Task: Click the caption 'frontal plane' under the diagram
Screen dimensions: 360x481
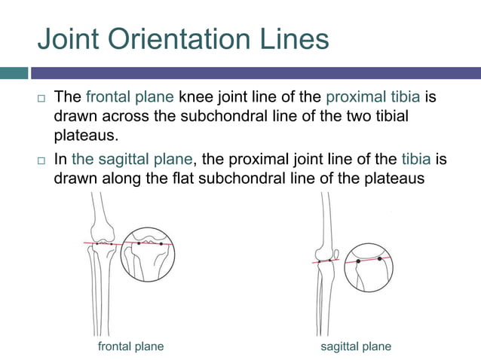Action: point(131,346)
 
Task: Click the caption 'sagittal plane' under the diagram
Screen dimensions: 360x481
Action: point(356,346)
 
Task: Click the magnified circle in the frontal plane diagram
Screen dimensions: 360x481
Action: point(148,255)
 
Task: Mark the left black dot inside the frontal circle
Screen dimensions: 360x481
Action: point(139,244)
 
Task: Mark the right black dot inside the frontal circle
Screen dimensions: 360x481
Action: point(161,244)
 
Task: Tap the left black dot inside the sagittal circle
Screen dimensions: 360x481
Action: point(358,261)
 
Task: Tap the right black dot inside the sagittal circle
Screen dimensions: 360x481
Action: point(380,258)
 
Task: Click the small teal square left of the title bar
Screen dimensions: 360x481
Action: point(14,73)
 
